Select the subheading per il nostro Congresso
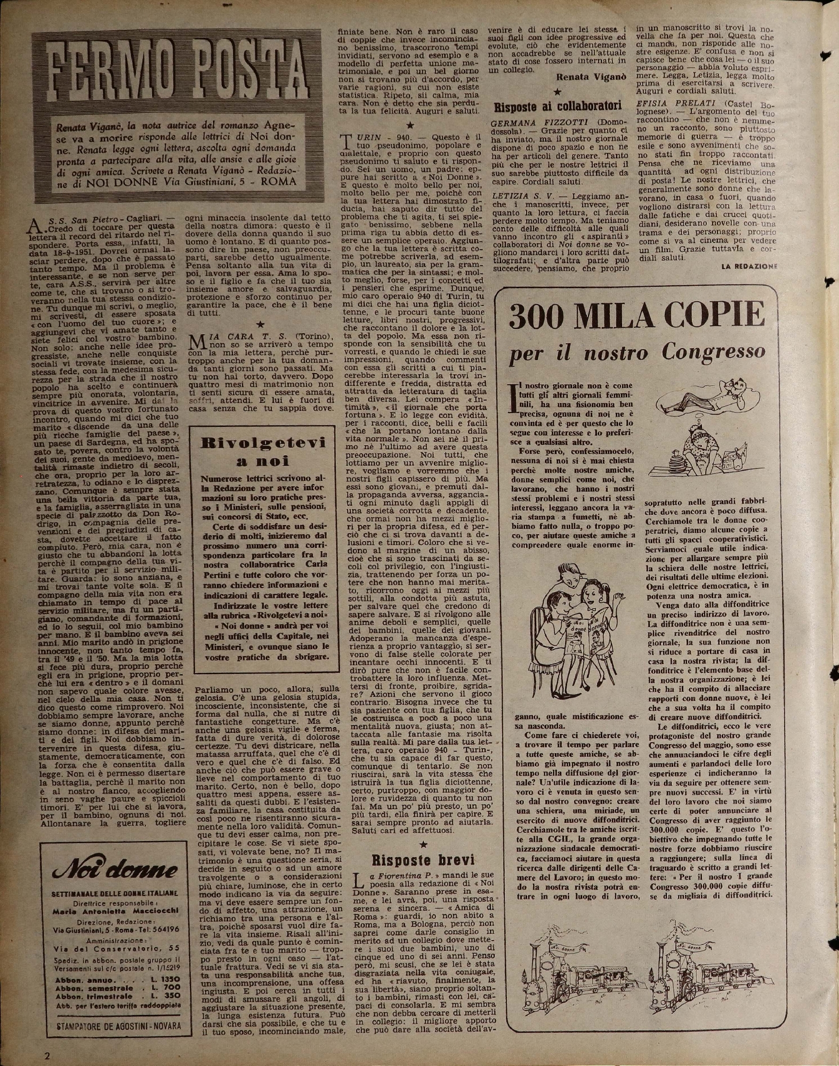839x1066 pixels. tap(637, 352)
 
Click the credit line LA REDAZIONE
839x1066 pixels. tap(749, 265)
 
